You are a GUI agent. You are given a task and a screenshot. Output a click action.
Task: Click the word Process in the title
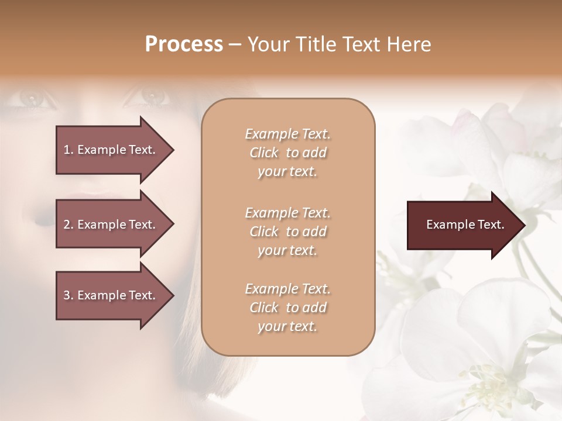184,44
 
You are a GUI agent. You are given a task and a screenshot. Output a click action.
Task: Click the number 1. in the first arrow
68,150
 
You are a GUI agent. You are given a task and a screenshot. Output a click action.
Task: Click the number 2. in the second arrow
68,225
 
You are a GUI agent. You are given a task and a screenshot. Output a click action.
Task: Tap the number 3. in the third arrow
68,295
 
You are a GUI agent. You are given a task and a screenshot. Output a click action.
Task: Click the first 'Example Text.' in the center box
287,134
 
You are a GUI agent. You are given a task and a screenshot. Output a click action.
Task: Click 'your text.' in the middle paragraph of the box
287,250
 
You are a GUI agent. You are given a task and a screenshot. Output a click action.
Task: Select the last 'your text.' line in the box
287,327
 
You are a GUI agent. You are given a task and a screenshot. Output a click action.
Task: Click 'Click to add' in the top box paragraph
287,153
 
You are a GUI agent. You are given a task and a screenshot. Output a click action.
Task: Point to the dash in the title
235,44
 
